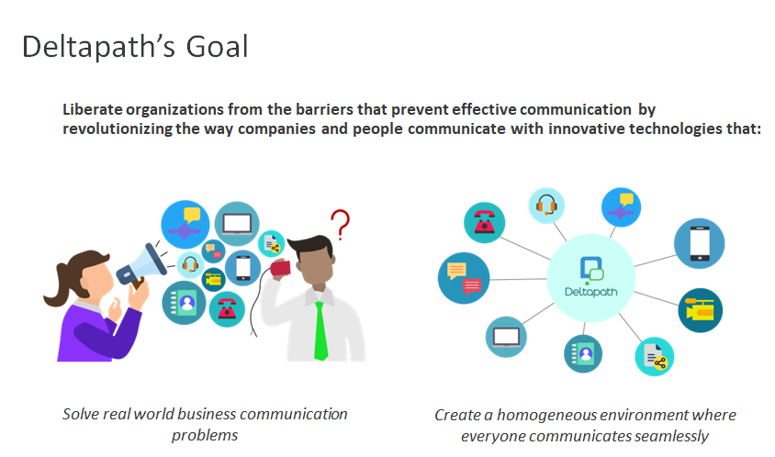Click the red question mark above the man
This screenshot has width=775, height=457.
coord(341,224)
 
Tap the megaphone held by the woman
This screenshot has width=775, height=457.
coord(141,265)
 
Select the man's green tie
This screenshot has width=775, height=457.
coord(320,330)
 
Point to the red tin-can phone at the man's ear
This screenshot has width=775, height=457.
coord(280,268)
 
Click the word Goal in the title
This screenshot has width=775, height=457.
coord(217,47)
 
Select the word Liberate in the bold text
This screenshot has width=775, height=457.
coord(92,109)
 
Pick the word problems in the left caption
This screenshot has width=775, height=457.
coord(205,435)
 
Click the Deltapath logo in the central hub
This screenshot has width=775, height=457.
coord(591,277)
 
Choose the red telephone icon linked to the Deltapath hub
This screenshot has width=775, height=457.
coord(485,223)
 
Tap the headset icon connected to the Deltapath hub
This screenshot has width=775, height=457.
coord(546,206)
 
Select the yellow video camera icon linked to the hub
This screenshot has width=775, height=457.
coord(700,310)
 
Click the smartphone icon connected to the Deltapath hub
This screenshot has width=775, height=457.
coord(700,243)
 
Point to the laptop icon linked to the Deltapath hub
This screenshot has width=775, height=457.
coord(506,337)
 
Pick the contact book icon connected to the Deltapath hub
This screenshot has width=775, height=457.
coord(583,353)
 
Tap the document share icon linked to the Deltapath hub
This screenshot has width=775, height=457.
coord(655,357)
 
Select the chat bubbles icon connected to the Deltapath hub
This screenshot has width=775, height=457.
coord(464,278)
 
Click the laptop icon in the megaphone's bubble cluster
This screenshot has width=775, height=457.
coord(237,224)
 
